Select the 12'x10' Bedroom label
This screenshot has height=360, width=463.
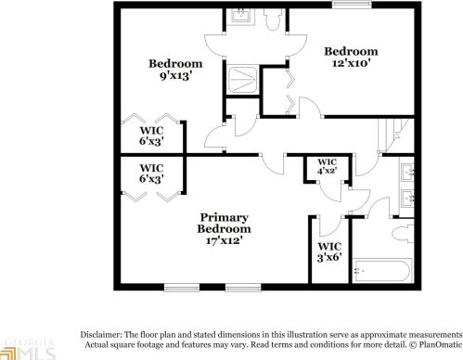click(351, 57)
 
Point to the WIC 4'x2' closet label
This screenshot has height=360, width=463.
click(326, 167)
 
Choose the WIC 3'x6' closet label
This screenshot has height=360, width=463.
click(329, 251)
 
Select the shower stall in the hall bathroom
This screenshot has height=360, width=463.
click(240, 80)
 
